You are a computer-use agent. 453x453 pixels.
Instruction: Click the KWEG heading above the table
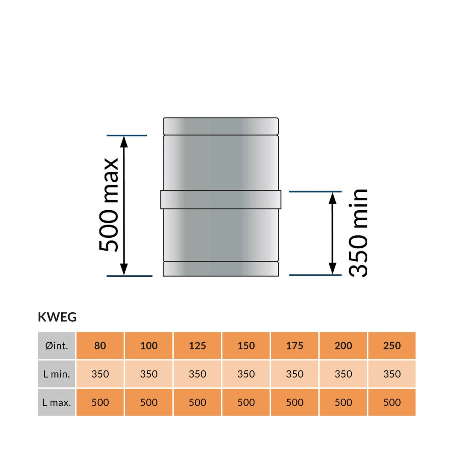57,317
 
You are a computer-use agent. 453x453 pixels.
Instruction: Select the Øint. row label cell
57,345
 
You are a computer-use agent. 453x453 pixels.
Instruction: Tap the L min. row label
57,374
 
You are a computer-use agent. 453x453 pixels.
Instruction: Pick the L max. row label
57,402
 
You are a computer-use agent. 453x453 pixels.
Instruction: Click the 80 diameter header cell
100,345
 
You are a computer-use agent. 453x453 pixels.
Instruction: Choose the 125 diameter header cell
197,345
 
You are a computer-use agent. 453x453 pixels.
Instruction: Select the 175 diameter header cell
294,345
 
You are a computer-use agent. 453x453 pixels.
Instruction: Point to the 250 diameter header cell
392,345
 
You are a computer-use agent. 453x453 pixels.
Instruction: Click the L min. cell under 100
149,374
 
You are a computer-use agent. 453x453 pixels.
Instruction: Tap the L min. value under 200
343,374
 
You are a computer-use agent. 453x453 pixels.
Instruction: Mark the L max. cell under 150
246,402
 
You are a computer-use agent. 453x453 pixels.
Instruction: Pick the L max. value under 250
392,402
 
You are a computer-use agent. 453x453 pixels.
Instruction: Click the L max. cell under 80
100,402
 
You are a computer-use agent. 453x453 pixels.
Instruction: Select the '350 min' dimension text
358,233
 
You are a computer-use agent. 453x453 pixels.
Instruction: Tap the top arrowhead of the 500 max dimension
124,141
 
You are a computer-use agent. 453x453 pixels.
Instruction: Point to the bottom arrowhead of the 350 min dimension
332,269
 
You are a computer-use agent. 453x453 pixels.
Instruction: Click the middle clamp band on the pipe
221,200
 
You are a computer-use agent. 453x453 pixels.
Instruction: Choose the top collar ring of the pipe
221,126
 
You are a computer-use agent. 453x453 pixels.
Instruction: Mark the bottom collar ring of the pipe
221,269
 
